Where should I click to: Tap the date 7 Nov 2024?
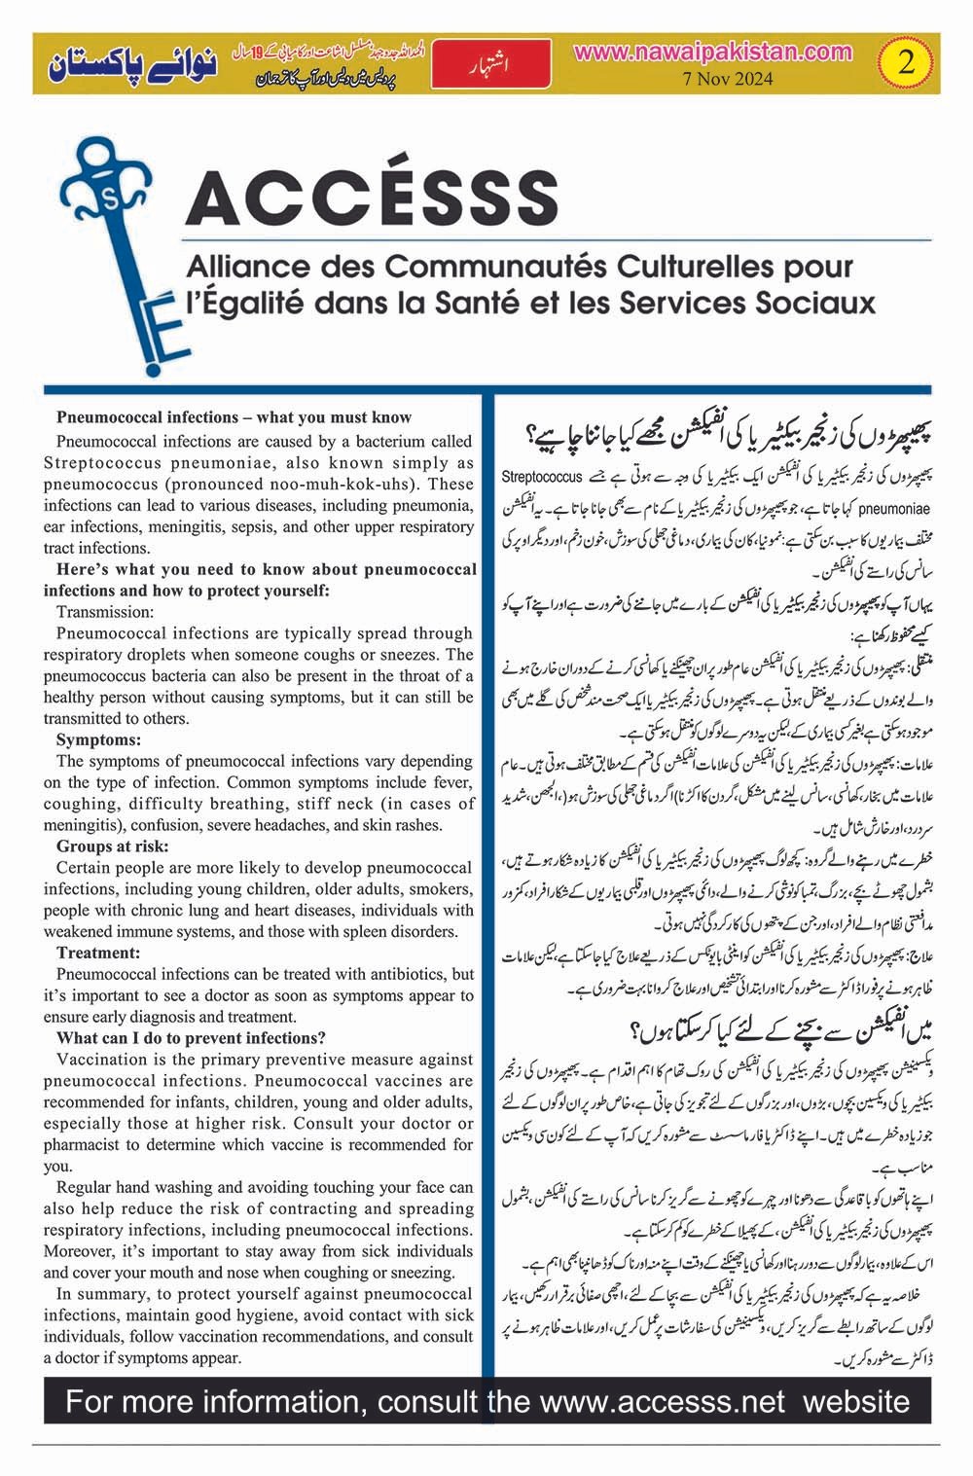tap(713, 80)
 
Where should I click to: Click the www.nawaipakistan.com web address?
tap(713, 51)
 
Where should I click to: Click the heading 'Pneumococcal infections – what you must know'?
tap(234, 417)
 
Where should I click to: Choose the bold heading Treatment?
tap(98, 954)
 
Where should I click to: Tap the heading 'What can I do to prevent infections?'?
tap(191, 1038)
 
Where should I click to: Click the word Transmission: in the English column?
tap(105, 612)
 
